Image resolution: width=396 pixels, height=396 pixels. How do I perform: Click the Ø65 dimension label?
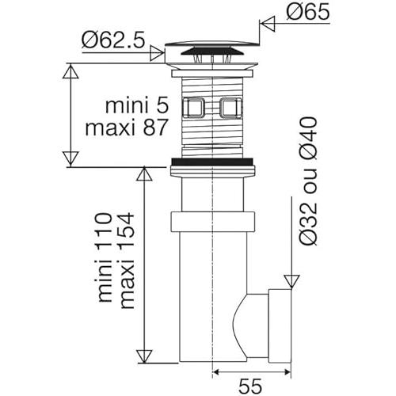coord(308,12)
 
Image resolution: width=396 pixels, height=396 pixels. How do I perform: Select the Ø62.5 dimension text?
coord(113,40)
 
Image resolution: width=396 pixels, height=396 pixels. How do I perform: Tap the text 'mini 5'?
coord(137,106)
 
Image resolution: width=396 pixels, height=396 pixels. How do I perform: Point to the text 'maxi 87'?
coord(127,128)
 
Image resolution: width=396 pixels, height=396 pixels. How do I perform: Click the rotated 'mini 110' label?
coord(105,257)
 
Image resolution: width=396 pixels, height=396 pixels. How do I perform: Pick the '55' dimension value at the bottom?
coord(250,386)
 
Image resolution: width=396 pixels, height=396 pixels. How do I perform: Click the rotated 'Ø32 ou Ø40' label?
coord(308,181)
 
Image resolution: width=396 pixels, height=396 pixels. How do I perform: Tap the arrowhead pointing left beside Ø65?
coord(268,24)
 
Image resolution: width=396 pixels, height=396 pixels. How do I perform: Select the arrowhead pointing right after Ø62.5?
coord(157,53)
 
